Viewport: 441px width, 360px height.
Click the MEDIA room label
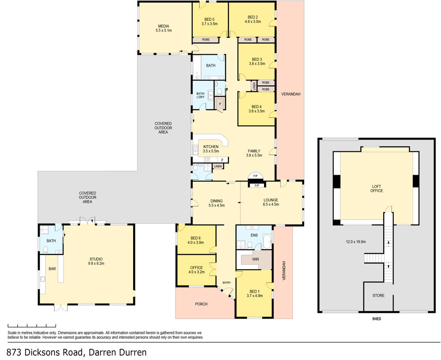164,26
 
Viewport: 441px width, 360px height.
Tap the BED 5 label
209,19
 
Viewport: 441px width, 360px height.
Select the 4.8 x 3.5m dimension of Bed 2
253,21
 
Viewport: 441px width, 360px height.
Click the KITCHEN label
211,146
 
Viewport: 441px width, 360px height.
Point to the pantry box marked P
220,104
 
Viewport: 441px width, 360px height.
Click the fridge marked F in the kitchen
222,160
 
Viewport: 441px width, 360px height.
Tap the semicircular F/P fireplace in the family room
255,176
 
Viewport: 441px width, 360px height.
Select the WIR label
255,259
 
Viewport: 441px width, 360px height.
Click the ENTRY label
227,283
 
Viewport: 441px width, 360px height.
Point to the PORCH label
202,304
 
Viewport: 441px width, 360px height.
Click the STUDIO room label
96,259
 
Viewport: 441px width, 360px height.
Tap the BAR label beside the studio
52,269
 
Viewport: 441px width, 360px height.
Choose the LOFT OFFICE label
377,188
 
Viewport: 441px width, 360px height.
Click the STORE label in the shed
378,296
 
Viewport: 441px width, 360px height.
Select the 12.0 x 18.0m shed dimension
356,241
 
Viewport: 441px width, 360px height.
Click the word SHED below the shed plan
377,319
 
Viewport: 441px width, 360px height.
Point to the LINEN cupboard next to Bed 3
254,86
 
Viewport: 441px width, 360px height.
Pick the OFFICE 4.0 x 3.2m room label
196,270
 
